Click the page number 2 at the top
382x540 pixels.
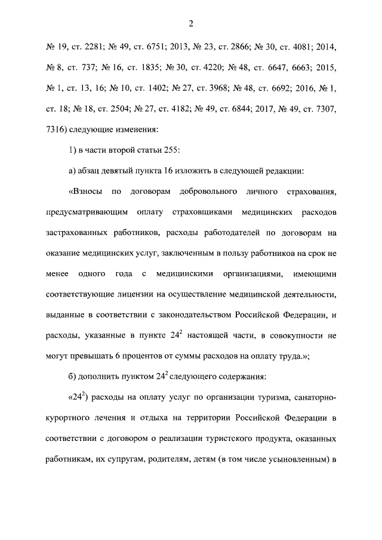[191, 23]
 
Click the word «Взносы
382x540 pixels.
[87, 193]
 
